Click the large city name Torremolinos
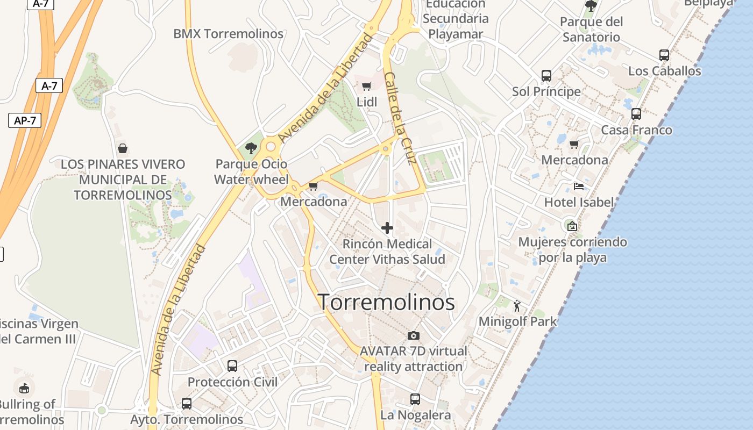[386, 302]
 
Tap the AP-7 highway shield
[25, 120]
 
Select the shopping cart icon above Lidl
[367, 86]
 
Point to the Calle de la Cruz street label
[401, 118]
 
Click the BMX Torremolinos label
[228, 34]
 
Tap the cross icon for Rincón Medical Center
[387, 228]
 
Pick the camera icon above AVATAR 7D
[414, 335]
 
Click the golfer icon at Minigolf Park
[517, 306]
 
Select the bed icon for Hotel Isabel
[579, 187]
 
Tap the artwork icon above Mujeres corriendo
[572, 226]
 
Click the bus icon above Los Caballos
[664, 55]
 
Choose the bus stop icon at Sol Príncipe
[546, 75]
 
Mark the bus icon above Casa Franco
[636, 114]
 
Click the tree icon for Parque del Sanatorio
[591, 6]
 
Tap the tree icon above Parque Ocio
[251, 148]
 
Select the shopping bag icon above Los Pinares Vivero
[123, 148]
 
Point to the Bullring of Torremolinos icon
[24, 388]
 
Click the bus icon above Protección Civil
[232, 365]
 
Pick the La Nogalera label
[415, 415]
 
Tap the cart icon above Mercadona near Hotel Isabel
[574, 144]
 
